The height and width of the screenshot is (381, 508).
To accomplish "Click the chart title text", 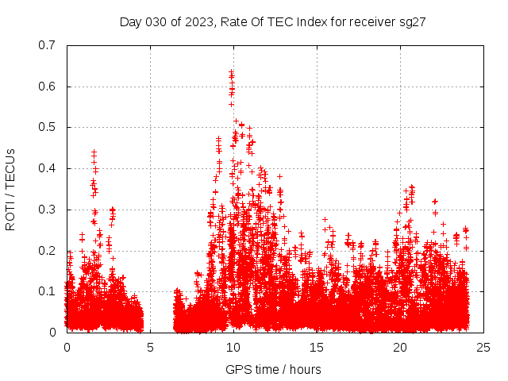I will tap(273, 22).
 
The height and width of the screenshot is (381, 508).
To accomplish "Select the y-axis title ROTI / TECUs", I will tap(10, 189).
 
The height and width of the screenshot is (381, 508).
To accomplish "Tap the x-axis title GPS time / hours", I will tap(273, 369).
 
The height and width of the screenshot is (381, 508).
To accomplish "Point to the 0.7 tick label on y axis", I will tap(47, 45).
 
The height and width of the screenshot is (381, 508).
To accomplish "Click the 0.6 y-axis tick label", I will tap(47, 87).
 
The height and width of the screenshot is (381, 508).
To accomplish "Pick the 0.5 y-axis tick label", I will tap(47, 127).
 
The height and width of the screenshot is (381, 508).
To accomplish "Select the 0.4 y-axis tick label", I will tap(47, 168).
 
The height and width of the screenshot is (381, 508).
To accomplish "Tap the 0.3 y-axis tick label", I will tap(47, 210).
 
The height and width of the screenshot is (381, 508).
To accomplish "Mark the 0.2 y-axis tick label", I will tap(47, 250).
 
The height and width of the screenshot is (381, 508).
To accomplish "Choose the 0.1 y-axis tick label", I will tap(47, 291).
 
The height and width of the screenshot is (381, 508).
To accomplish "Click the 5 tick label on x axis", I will tap(150, 347).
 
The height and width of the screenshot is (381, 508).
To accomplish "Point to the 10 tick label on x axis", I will tap(233, 347).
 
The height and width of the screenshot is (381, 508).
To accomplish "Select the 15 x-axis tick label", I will tap(317, 347).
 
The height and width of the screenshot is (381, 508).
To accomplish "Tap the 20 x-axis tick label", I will tap(400, 347).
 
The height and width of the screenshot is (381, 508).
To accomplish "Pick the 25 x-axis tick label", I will tap(483, 347).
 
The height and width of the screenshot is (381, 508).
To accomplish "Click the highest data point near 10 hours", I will tap(231, 72).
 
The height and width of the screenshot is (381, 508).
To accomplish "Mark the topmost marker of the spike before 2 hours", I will tap(94, 151).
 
